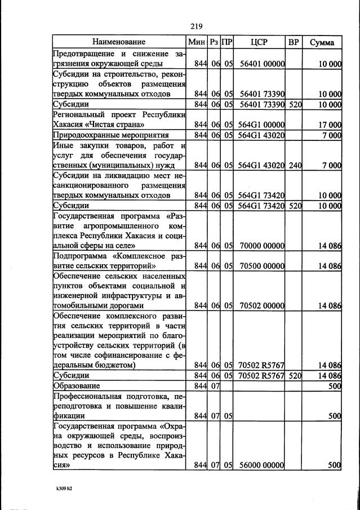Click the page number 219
tap(196, 26)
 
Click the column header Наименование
tap(119, 42)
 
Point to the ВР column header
tap(294, 42)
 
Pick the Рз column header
tap(214, 42)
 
